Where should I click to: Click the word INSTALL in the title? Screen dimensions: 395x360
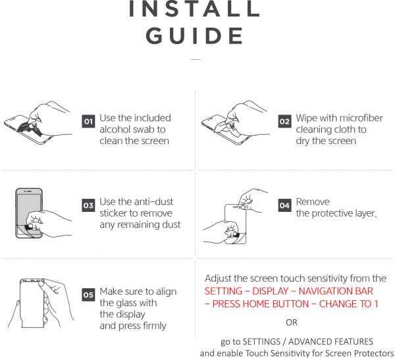pos(194,9)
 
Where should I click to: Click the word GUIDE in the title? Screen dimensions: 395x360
pos(194,36)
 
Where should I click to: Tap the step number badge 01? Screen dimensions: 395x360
pos(88,122)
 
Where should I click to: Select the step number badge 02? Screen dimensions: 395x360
pos(284,122)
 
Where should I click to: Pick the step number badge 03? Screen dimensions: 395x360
pos(88,205)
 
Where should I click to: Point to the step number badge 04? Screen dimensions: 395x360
pos(284,205)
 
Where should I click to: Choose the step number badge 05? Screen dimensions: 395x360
pos(88,295)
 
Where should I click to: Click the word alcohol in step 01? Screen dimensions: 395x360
pos(115,130)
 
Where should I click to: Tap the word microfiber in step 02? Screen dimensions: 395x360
pos(360,118)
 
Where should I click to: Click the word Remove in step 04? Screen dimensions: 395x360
pos(313,202)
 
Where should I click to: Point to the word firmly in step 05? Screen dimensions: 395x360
pos(155,326)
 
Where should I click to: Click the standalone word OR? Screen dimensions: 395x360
pos(292,322)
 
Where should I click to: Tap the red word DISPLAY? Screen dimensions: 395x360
pos(271,291)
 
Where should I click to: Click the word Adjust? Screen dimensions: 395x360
pos(218,278)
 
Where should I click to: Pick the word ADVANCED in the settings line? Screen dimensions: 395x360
pos(307,342)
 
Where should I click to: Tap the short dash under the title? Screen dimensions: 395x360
pos(196,60)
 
